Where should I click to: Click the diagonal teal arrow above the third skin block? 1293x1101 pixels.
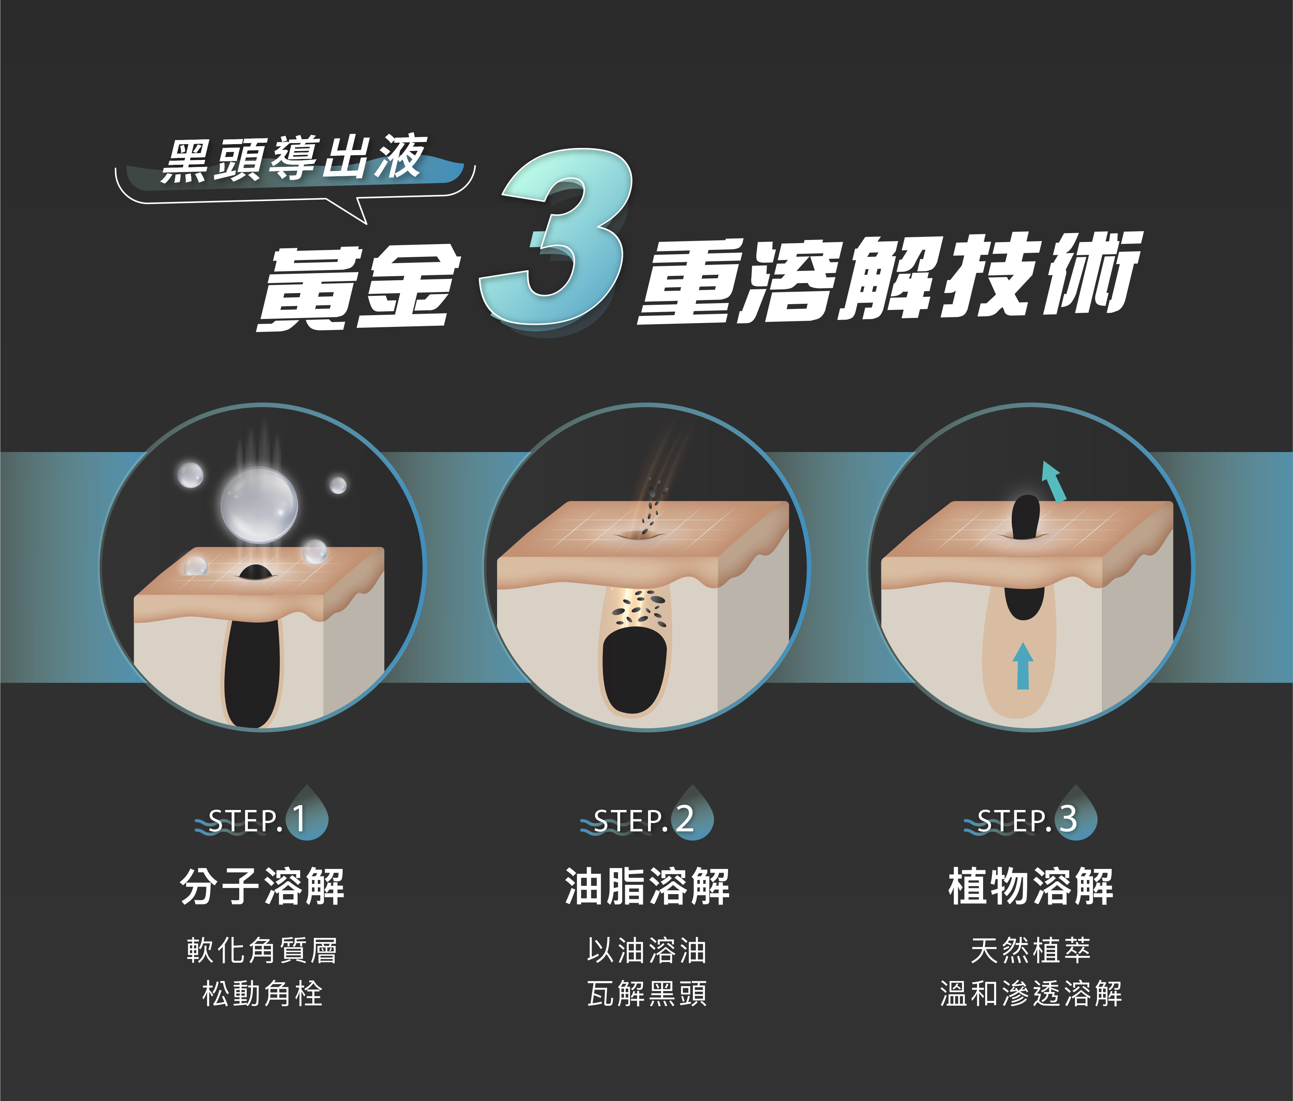1053,482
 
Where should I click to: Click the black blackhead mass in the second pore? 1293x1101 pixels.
635,670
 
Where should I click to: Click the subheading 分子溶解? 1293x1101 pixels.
262,886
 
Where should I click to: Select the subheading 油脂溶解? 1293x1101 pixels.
647,886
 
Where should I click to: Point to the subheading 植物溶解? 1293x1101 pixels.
1031,886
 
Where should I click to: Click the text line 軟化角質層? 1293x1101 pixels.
262,951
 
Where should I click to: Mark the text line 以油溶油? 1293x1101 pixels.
647,951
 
